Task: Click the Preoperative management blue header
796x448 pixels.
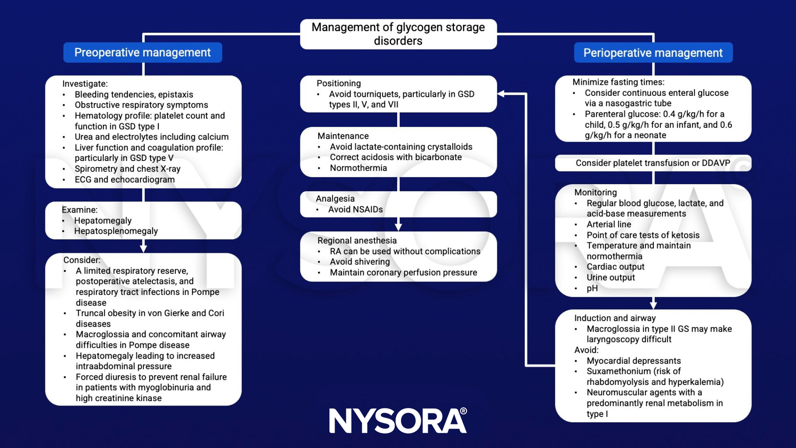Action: [x=143, y=52]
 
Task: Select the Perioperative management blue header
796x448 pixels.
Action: [x=653, y=53]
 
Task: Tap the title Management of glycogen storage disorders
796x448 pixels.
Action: [x=398, y=34]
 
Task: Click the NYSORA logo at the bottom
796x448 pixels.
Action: [x=398, y=421]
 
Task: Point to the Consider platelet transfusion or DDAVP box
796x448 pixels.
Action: [x=653, y=163]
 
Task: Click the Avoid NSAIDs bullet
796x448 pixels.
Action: [x=355, y=210]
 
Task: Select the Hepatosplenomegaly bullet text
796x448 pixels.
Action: [x=116, y=231]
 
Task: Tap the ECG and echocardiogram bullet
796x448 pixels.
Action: [x=125, y=179]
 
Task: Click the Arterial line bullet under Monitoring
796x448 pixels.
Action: [x=609, y=224]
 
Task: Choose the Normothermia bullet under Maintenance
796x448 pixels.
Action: [x=358, y=168]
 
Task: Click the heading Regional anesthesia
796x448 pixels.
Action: [x=357, y=241]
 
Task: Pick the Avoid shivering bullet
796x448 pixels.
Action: [x=360, y=262]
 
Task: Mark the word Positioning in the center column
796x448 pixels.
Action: [x=339, y=84]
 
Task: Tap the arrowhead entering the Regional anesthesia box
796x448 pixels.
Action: [x=398, y=227]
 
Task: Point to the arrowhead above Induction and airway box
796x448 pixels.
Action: [x=653, y=305]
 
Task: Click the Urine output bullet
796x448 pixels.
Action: [x=611, y=277]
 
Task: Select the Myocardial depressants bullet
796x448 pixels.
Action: [x=633, y=361]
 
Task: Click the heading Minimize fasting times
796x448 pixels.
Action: [x=618, y=82]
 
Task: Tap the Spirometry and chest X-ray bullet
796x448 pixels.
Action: [x=127, y=169]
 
